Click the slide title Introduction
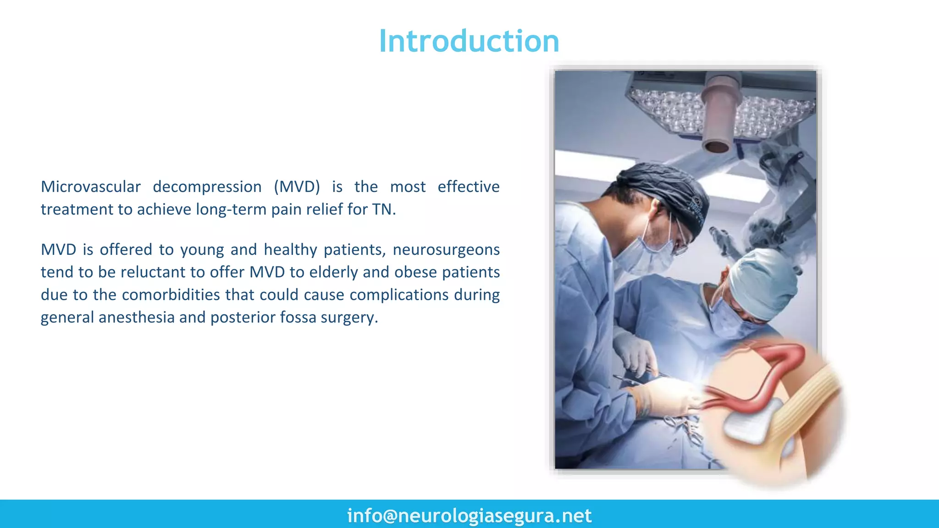(x=469, y=41)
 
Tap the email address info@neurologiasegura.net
(x=469, y=516)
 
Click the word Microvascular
(x=91, y=187)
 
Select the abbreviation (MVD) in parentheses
(x=297, y=187)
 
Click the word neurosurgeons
(x=446, y=250)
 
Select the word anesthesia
(x=136, y=317)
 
